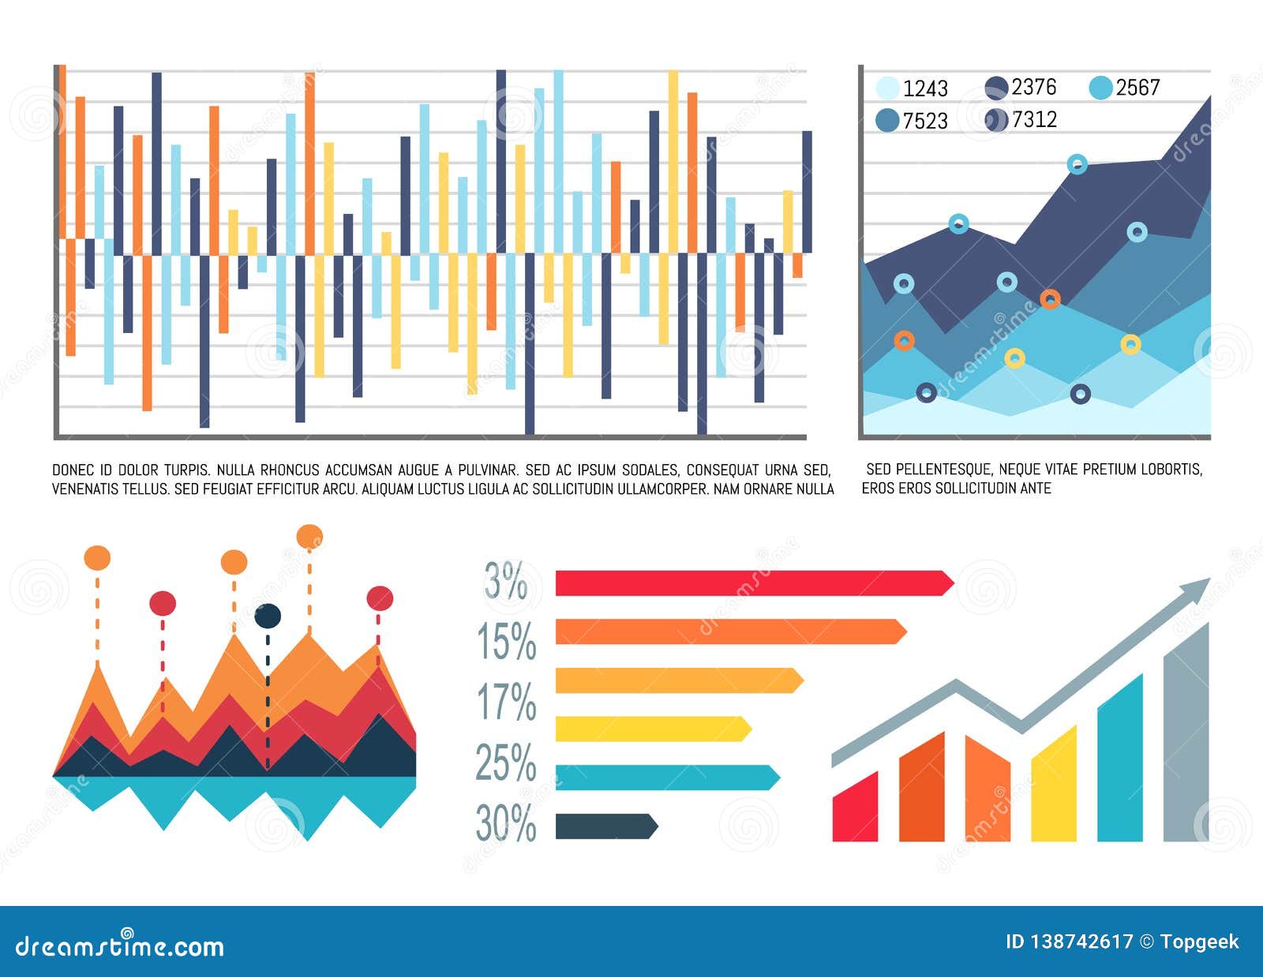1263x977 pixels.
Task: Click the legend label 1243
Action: [925, 88]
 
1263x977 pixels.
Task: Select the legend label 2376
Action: [1033, 87]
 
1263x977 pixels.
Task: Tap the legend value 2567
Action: [1137, 88]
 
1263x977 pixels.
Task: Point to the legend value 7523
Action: [925, 121]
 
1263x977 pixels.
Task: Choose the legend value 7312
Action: [1033, 119]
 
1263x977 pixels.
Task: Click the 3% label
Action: [506, 582]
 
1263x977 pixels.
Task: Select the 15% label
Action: [506, 641]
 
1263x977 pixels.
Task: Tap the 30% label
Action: [506, 823]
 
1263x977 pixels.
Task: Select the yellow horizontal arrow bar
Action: [652, 729]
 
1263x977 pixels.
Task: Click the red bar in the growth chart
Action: [855, 809]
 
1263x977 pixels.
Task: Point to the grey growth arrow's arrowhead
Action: [1197, 589]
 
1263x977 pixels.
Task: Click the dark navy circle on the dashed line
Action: [268, 616]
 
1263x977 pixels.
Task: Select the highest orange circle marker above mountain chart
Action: [309, 537]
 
